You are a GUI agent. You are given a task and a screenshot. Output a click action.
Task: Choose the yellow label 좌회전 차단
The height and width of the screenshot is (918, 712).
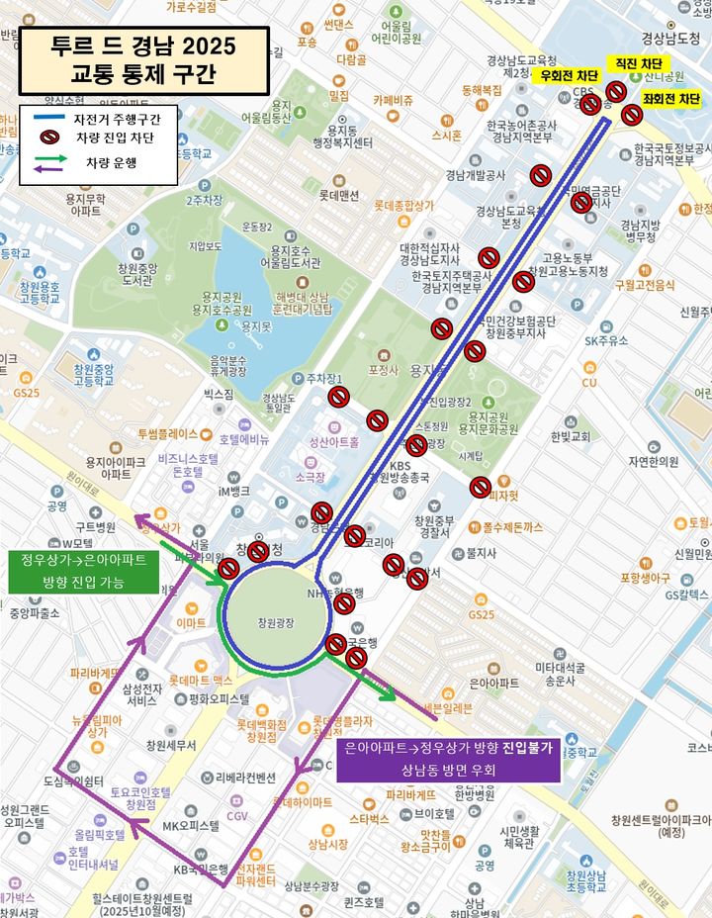671,99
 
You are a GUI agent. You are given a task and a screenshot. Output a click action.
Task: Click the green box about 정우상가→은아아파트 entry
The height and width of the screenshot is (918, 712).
84,572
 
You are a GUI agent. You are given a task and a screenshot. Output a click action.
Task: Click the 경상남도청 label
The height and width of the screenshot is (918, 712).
670,39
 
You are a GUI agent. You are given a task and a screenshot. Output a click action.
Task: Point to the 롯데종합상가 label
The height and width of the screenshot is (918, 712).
403,206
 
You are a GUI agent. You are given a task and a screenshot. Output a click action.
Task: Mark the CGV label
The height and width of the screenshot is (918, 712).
237,816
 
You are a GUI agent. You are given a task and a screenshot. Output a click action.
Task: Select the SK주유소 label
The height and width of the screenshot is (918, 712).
606,340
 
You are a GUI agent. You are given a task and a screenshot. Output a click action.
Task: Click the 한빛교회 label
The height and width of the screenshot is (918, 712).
571,436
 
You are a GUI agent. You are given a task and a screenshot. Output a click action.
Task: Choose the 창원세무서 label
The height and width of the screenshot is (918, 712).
170,745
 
